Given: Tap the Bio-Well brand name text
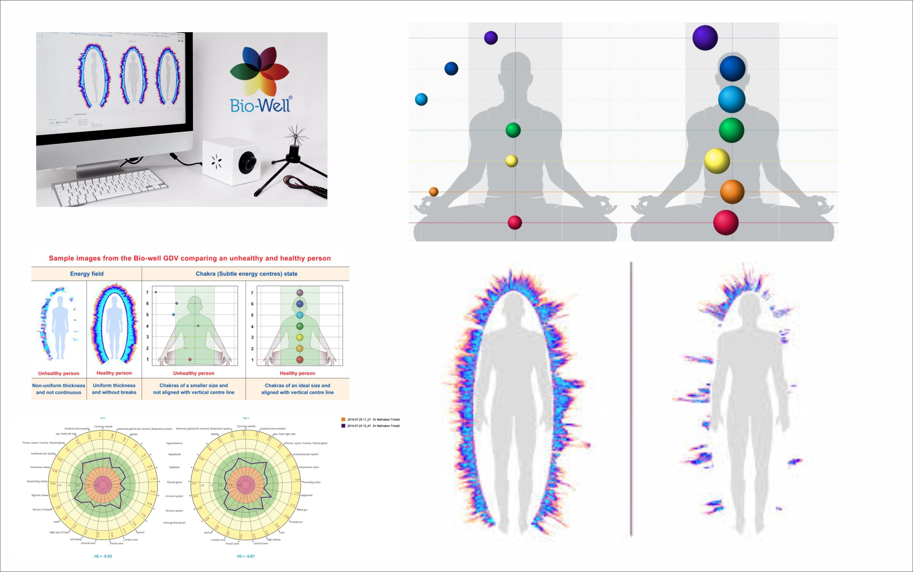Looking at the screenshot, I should (260, 105).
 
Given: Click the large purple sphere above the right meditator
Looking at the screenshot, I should (705, 38).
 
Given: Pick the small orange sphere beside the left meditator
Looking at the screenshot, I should (434, 192).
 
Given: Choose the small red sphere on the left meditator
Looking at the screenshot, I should (515, 222).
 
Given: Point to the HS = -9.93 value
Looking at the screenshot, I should (103, 556).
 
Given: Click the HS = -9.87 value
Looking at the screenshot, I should (246, 556).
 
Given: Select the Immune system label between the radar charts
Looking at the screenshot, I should (174, 496).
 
